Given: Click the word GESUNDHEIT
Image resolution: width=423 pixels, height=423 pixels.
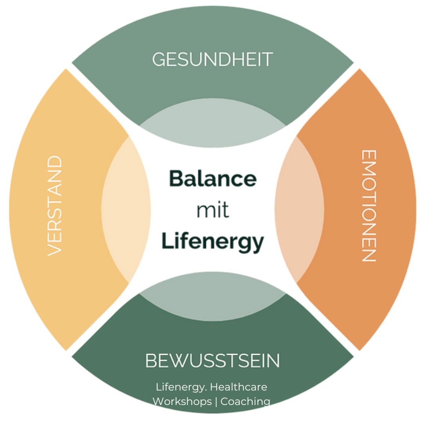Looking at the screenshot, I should (212, 60).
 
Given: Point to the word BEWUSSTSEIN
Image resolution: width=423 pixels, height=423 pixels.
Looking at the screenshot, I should (212, 360).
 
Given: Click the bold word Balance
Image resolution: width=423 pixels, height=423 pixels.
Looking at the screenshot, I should (213, 179).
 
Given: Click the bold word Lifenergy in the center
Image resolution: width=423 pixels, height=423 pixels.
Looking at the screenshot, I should (212, 241).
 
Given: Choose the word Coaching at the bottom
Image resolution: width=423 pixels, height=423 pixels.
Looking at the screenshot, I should (245, 401).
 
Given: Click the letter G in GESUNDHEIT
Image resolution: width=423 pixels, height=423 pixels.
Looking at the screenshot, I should (158, 60).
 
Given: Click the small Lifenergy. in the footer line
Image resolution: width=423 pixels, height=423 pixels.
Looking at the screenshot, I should (181, 387).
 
